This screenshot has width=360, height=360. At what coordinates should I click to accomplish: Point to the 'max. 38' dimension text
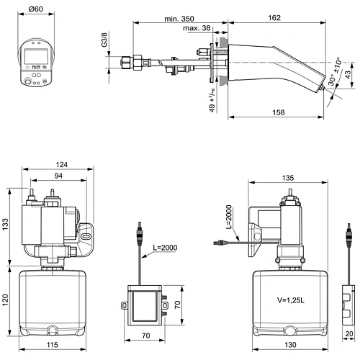[196, 28]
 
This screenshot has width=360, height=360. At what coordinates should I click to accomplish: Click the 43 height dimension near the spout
[349, 74]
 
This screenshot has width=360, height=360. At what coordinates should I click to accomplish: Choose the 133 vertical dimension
[6, 225]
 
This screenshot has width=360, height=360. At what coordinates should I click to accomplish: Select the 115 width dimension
[53, 345]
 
